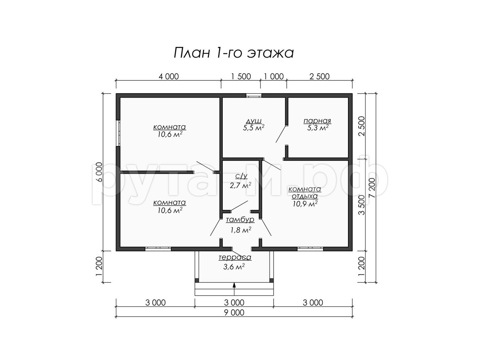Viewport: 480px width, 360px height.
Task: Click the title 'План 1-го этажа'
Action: tap(233, 53)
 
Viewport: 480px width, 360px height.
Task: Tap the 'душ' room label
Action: tap(254, 120)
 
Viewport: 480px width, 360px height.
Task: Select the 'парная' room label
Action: tap(317, 121)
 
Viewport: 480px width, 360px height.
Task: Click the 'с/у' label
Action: tap(241, 176)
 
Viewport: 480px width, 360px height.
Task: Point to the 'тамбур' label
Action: tap(240, 220)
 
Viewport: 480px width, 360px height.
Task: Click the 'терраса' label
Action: tap(235, 257)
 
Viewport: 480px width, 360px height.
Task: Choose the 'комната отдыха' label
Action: tap(305, 192)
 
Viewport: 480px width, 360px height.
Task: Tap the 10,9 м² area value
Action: tap(305, 204)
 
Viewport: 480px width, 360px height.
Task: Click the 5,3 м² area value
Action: tap(318, 128)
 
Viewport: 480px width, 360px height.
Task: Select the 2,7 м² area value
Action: tap(240, 185)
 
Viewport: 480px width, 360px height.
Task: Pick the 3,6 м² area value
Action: tap(234, 266)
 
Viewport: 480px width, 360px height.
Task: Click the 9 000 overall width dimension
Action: tap(234, 312)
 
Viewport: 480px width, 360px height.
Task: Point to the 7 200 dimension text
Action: tap(372, 188)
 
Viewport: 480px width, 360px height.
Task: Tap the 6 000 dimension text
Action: tap(99, 172)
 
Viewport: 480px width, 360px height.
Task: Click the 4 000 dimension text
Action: tap(169, 76)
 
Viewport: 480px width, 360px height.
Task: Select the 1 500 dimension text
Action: tap(241, 76)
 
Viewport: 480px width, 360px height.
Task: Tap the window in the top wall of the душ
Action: tap(254, 95)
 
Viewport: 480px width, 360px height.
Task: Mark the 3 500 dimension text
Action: tap(362, 205)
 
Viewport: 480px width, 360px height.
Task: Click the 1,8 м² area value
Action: tap(240, 230)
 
